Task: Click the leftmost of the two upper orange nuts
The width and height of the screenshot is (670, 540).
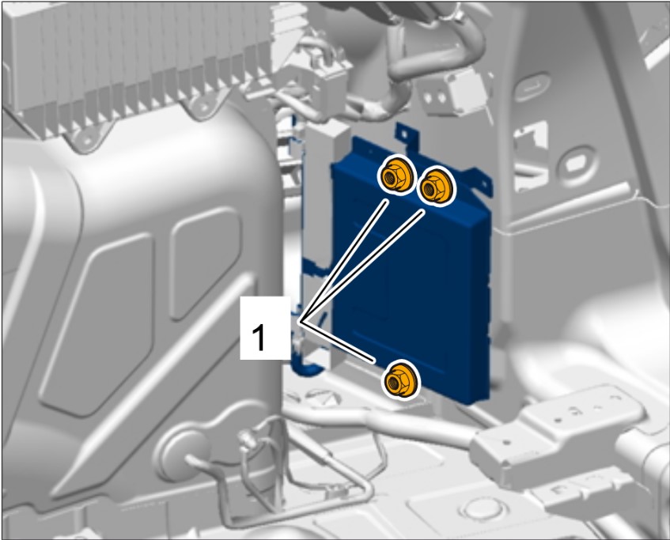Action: (396, 176)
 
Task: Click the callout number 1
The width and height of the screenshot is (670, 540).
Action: (259, 337)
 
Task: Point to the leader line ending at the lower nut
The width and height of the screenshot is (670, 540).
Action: (338, 342)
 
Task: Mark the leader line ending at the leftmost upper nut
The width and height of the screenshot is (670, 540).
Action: (343, 261)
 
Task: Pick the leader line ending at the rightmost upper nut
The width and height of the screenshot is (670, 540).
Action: (362, 266)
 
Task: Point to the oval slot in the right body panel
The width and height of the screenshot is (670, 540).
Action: (532, 87)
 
